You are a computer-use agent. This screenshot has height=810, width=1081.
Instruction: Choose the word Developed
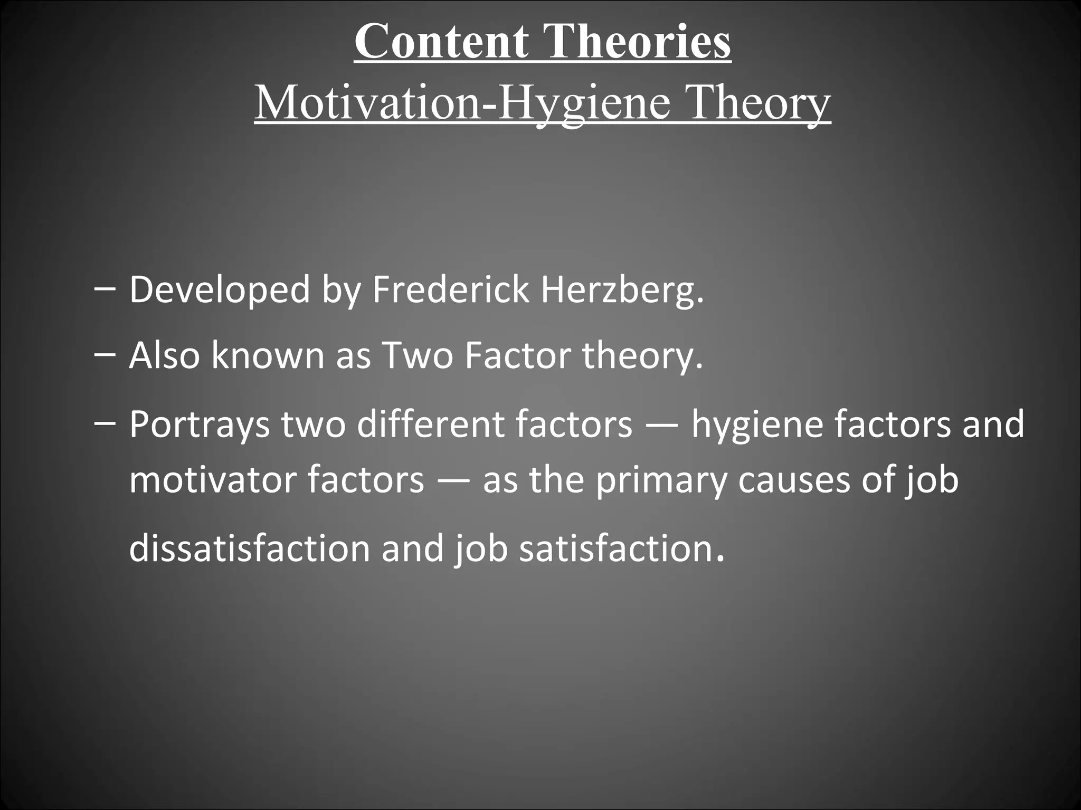click(220, 290)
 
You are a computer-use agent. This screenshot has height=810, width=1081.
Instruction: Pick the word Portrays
click(200, 425)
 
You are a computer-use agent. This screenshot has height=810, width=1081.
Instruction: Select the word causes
click(794, 479)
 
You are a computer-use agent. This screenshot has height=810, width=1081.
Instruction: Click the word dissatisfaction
click(250, 548)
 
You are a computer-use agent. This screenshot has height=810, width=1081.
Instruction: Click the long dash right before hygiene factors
click(661, 425)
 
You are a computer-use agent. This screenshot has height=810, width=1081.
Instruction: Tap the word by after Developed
click(341, 290)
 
